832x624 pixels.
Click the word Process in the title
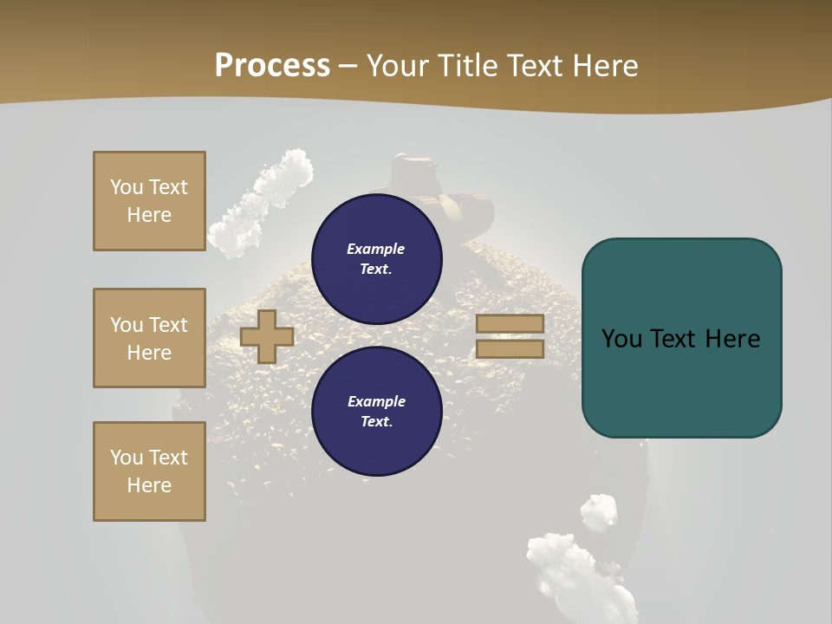pyautogui.click(x=272, y=66)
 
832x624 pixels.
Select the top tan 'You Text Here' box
pyautogui.click(x=149, y=201)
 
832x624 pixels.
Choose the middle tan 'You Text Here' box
pyautogui.click(x=149, y=338)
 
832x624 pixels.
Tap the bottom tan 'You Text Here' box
pyautogui.click(x=149, y=471)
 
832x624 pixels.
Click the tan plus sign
pyautogui.click(x=266, y=336)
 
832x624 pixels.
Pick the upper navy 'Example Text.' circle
pyautogui.click(x=376, y=258)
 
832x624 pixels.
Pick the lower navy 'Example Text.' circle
pyautogui.click(x=376, y=411)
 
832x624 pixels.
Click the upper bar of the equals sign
pyautogui.click(x=510, y=323)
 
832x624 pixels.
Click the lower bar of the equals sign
pyautogui.click(x=510, y=348)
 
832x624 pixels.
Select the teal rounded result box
pyautogui.click(x=681, y=338)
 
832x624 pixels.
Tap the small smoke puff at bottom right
pyautogui.click(x=599, y=512)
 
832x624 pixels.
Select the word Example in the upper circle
pyautogui.click(x=375, y=249)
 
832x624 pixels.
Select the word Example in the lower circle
pyautogui.click(x=376, y=401)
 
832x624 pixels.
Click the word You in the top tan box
pyautogui.click(x=126, y=187)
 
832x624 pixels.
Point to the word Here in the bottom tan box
pyautogui.click(x=149, y=485)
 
